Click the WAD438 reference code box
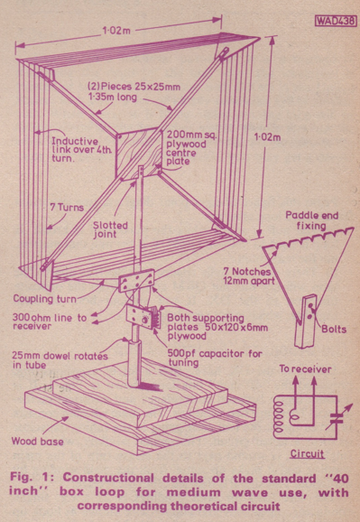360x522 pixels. [335, 21]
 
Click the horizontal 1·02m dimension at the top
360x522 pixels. [116, 31]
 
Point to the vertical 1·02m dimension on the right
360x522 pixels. [267, 137]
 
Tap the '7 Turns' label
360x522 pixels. [67, 207]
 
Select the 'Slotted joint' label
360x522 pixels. [110, 229]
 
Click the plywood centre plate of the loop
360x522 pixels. [138, 154]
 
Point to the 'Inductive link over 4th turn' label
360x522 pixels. [81, 150]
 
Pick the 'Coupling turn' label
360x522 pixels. [44, 299]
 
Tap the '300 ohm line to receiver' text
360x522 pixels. [50, 322]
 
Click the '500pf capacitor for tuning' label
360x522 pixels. [215, 358]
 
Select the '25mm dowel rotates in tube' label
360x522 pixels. [60, 360]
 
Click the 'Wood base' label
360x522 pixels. [37, 442]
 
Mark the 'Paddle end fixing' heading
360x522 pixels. [312, 220]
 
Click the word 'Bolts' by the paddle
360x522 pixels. [334, 329]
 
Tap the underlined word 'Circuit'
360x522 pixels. [307, 453]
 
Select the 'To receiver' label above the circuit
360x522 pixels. [305, 368]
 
